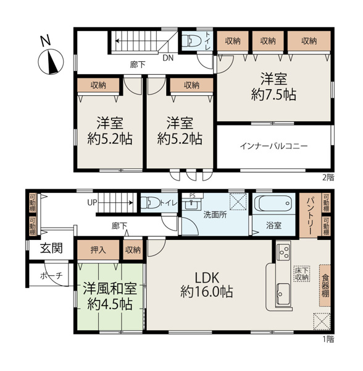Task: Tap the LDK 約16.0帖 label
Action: [207, 284]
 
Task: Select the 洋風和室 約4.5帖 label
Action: [110, 296]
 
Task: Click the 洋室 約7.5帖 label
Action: [273, 87]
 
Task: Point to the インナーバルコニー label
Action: [273, 146]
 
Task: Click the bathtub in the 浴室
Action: [274, 203]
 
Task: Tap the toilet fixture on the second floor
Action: [192, 41]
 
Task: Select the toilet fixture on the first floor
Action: [150, 203]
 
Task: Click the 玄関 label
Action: [51, 248]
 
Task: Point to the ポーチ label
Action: [51, 276]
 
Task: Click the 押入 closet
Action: [98, 250]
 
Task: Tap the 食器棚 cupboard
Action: [325, 285]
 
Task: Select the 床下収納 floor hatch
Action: [302, 274]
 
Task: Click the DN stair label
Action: [168, 58]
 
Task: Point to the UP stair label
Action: [92, 203]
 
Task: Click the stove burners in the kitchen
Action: [283, 252]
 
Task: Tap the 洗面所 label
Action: [215, 215]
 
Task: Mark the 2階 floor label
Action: [328, 177]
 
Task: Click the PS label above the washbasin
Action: [192, 195]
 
